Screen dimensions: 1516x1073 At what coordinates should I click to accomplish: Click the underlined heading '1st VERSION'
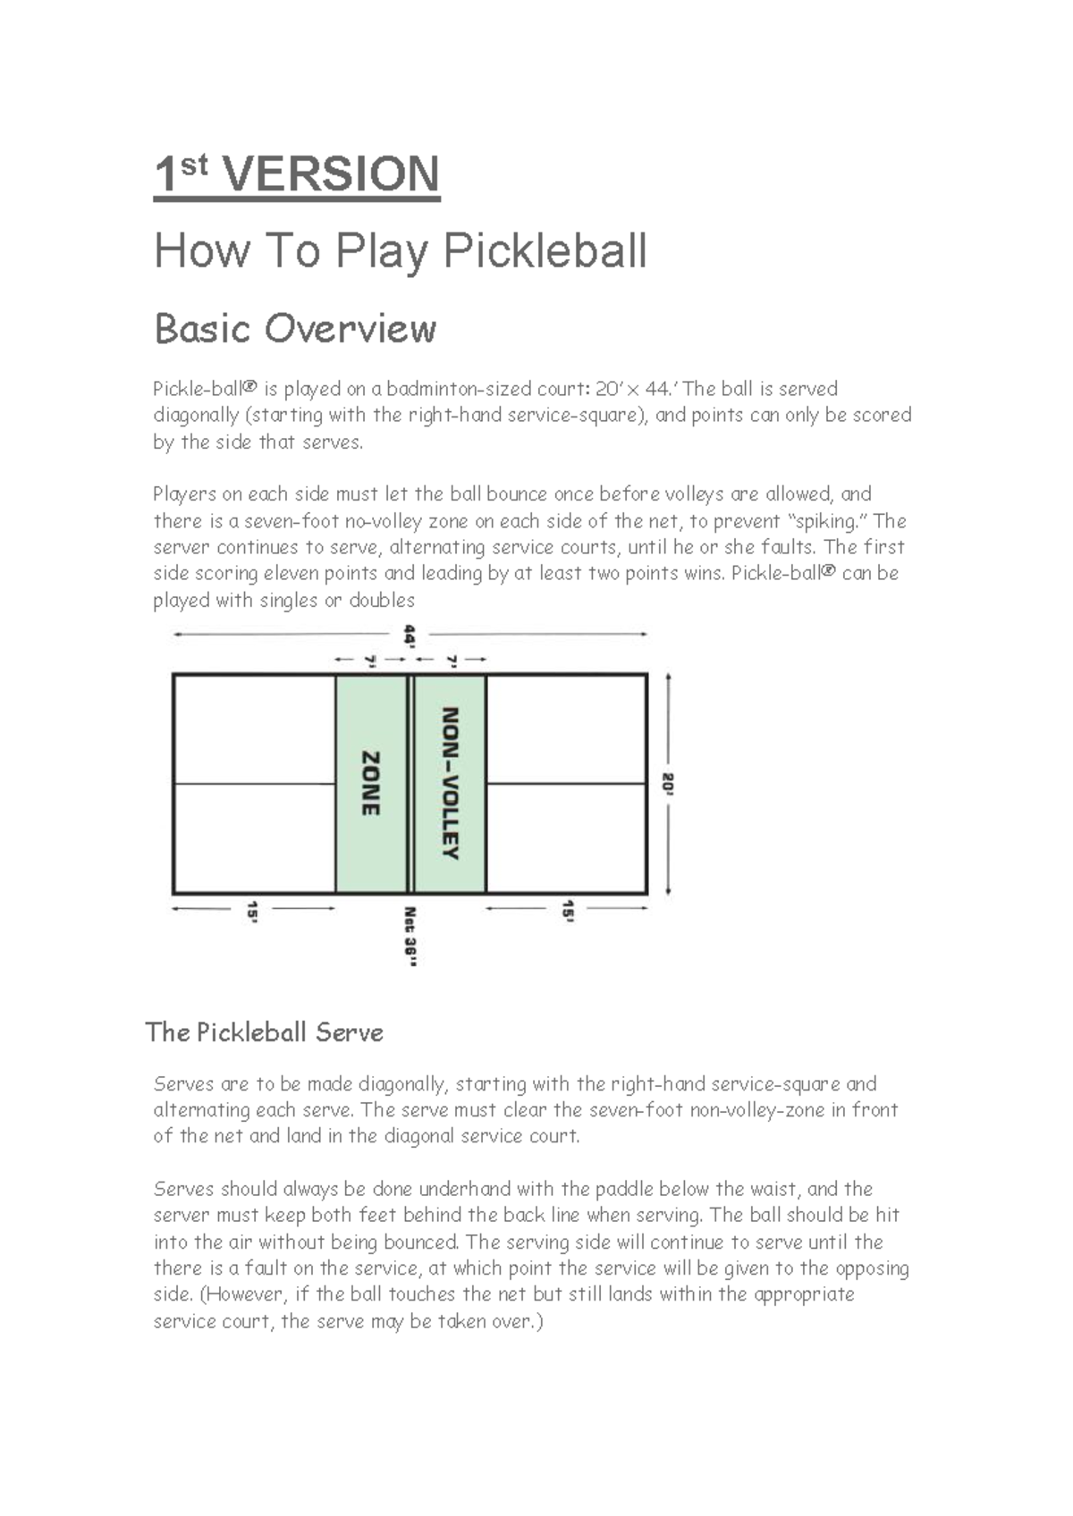296,174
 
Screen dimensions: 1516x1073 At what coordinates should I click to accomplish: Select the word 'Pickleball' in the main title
545,251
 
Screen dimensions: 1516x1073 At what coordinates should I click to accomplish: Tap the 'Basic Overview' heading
295,329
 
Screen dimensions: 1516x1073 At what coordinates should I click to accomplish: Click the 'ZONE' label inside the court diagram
370,783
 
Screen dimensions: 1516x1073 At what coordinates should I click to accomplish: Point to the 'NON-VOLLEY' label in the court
451,783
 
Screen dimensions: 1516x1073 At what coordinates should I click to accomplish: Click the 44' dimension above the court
410,636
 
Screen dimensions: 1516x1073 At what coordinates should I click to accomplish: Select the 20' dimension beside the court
669,784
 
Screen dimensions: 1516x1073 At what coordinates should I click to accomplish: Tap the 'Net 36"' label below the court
410,936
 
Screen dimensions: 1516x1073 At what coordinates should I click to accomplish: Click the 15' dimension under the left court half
253,911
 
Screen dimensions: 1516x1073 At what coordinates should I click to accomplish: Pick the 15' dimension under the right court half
567,911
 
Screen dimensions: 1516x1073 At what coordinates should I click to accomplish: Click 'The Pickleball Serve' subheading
265,1032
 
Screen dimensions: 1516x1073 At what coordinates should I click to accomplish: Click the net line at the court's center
411,784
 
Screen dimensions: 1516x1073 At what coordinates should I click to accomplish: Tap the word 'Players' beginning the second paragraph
184,494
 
